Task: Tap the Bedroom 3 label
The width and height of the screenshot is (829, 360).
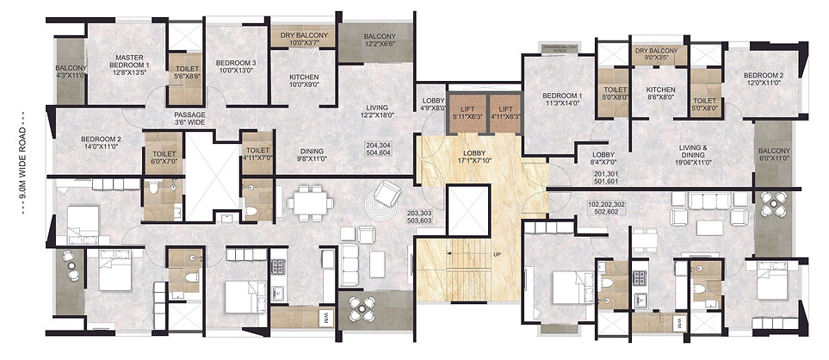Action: click(x=235, y=67)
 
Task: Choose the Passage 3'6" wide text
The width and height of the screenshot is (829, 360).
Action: click(x=189, y=119)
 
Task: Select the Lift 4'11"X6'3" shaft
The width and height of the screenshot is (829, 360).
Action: click(x=504, y=112)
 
